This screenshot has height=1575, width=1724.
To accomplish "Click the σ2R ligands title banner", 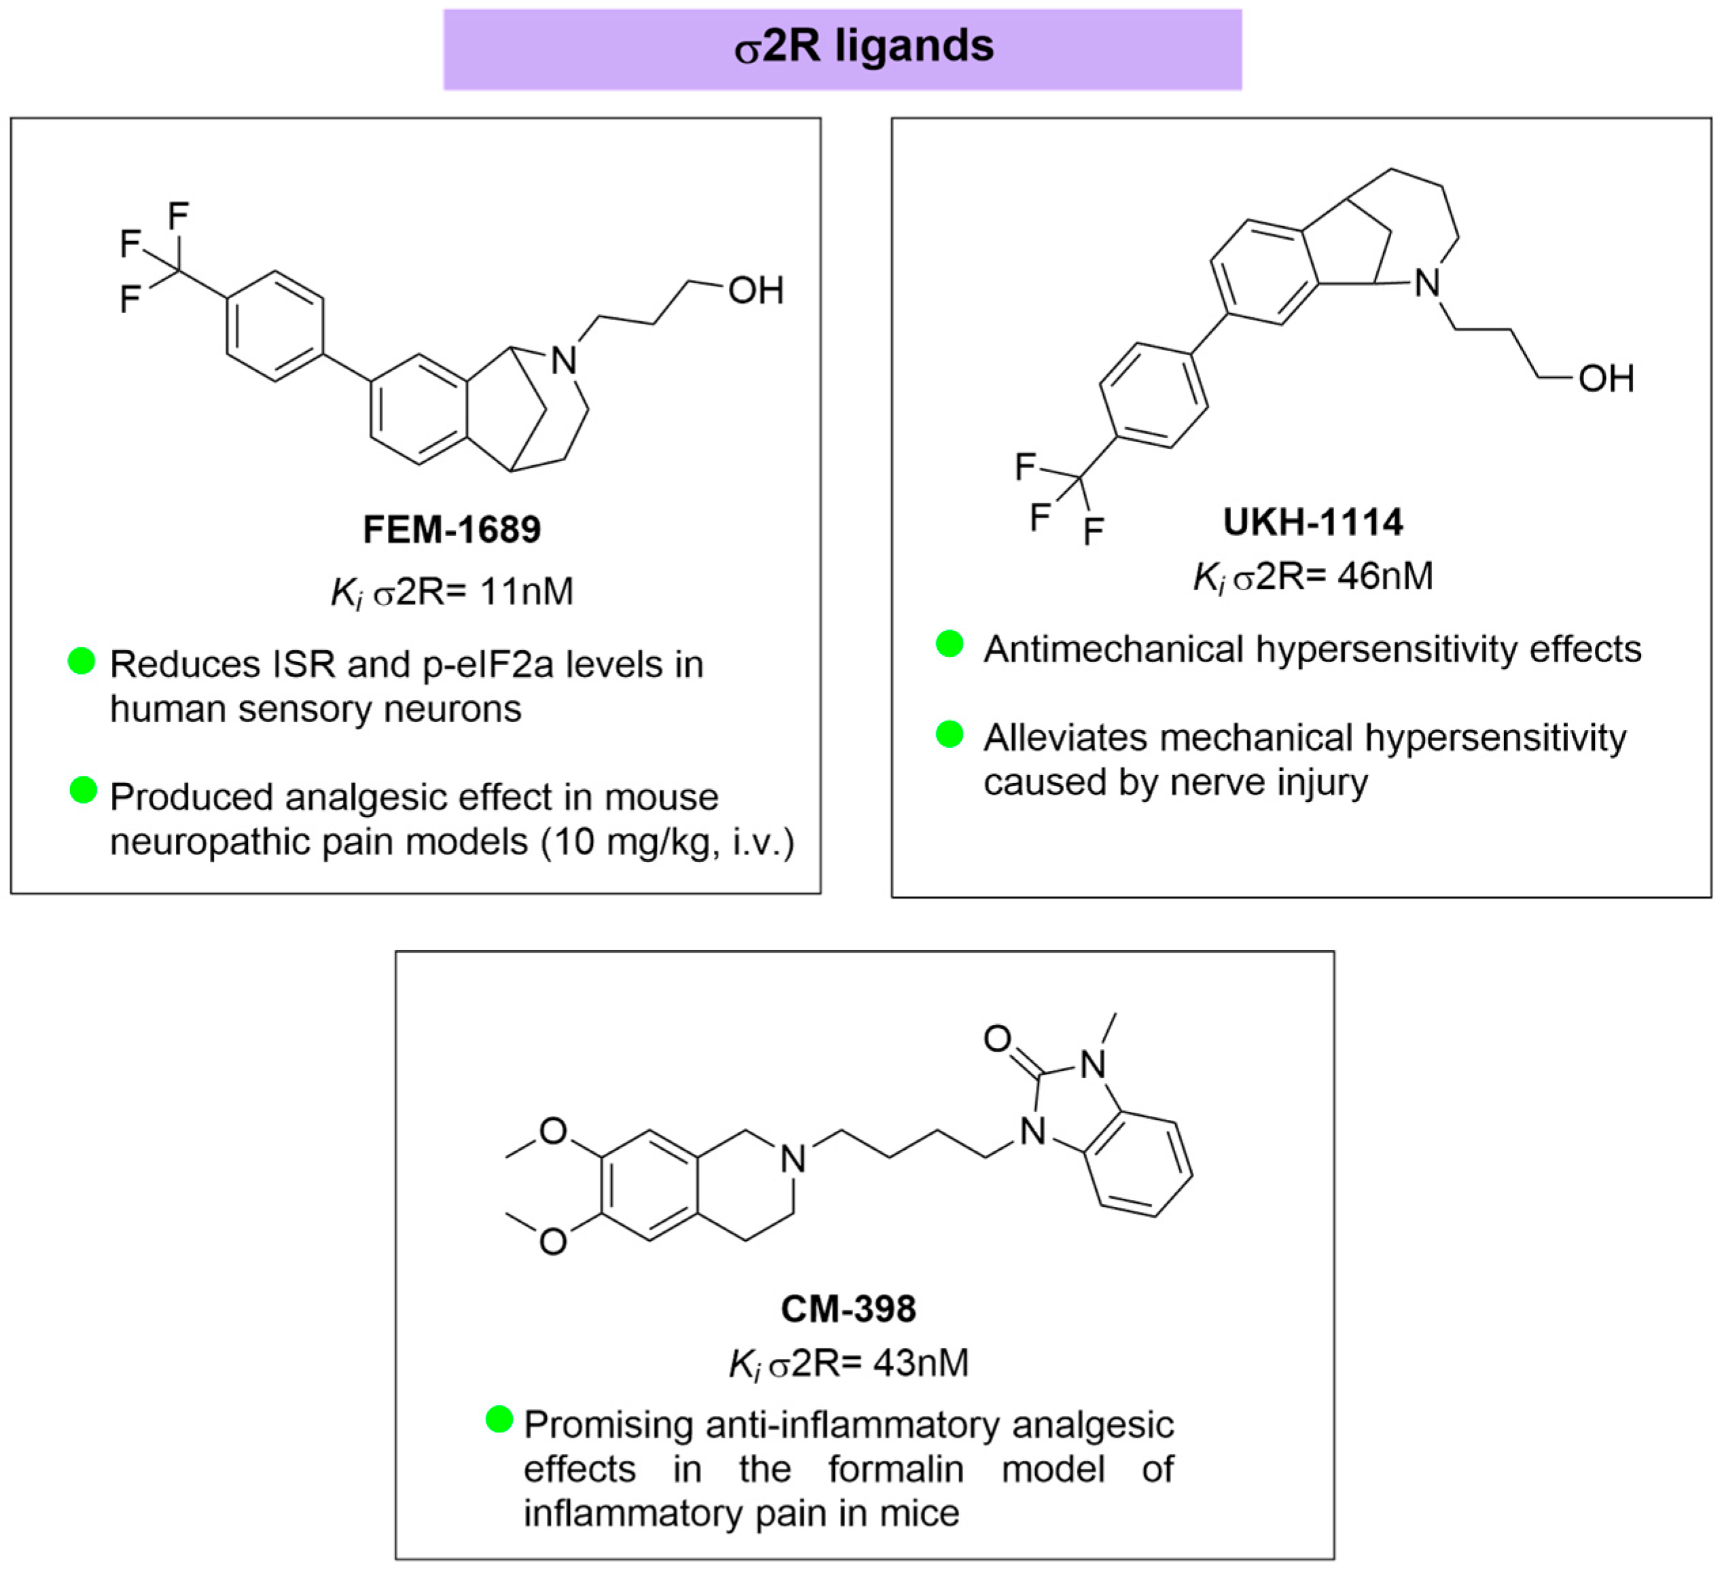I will pos(842,49).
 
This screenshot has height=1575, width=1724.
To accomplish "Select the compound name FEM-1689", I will pos(452,529).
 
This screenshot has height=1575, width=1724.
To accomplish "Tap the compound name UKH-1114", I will pos(1312,522).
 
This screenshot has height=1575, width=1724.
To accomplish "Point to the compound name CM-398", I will pos(848,1309).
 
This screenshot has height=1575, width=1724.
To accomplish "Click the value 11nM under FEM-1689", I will pos(527,592).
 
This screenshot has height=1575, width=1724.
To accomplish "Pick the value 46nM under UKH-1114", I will pos(1385,577).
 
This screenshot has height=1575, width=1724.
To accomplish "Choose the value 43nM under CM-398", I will pos(921,1363).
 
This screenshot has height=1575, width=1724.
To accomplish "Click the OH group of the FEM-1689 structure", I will pos(755,291).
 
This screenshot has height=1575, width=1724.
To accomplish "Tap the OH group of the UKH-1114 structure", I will pos(1606,379).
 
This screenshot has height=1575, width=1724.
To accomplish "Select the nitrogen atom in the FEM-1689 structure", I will pos(564,361).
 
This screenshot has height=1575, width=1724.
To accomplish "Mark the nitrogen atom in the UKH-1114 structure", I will pos(1427,284).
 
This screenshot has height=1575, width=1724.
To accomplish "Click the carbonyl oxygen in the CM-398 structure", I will pos(997,1039).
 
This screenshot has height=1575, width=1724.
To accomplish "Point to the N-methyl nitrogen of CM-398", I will pos(1093,1064).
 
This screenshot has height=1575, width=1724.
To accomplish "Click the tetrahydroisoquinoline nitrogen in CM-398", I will pos(793,1159).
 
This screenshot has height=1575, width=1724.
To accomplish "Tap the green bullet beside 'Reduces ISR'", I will pos(82,661).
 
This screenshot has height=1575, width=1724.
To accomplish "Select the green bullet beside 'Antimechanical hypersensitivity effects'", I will pos(949,644).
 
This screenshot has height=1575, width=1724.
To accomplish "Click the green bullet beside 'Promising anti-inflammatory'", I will pos(499,1420).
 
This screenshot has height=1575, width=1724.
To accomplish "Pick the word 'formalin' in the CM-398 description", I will pos(895,1469).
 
